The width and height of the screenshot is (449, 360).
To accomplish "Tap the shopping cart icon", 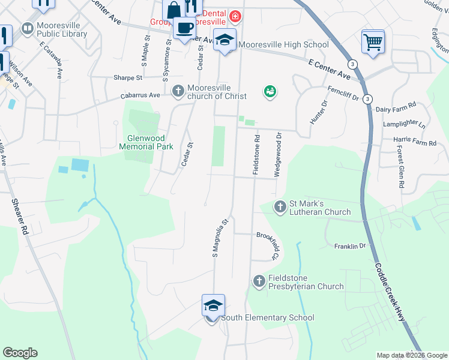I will tap(373, 42).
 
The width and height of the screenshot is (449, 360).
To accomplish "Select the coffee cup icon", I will tap(184, 27).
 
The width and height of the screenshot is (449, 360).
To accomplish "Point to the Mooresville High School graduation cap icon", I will tap(225, 40).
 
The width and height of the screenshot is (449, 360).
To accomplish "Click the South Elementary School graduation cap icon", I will tap(213, 305).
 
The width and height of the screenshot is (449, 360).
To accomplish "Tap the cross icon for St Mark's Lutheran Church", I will tap(280, 208).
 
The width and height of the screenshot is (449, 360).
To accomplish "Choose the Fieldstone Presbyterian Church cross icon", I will tap(259, 281).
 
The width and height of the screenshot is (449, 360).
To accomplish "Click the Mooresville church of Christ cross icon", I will tap(178, 91).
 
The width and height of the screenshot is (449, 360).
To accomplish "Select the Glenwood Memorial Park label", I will tap(146, 142).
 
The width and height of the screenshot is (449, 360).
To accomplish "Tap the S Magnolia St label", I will tap(220, 238).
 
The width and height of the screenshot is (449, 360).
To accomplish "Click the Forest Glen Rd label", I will tap(400, 169).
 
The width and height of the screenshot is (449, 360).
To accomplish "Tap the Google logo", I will tap(20, 353).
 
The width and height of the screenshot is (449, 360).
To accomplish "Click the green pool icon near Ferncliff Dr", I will tap(270, 91).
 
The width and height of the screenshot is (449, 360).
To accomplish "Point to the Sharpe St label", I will tap(128, 78).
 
